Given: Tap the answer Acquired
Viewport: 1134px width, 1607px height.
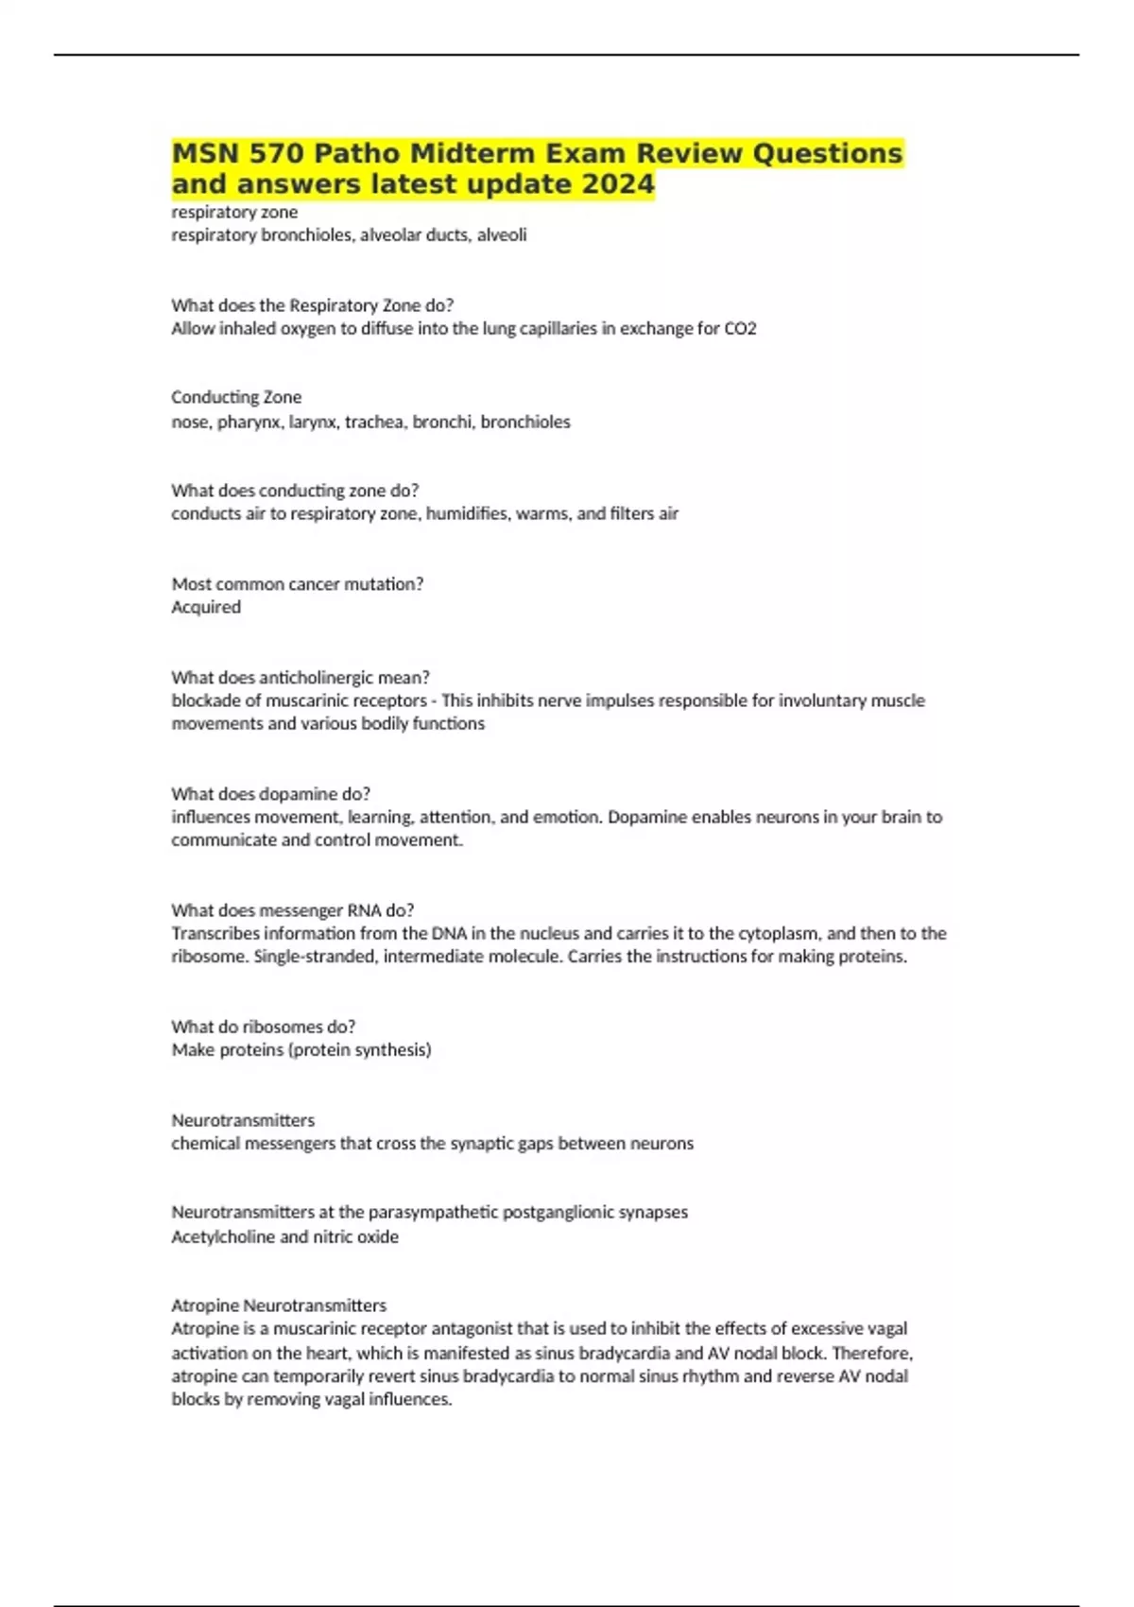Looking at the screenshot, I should (x=206, y=607).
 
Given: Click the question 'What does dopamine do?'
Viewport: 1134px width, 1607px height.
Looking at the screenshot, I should (x=270, y=793).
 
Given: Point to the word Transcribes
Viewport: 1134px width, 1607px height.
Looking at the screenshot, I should (x=215, y=933).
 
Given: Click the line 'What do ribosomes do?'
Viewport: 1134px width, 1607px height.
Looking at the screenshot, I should (x=263, y=1026).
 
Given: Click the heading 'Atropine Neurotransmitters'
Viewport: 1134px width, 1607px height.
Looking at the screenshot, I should (x=279, y=1305).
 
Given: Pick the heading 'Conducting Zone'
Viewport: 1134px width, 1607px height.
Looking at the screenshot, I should (x=236, y=397).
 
